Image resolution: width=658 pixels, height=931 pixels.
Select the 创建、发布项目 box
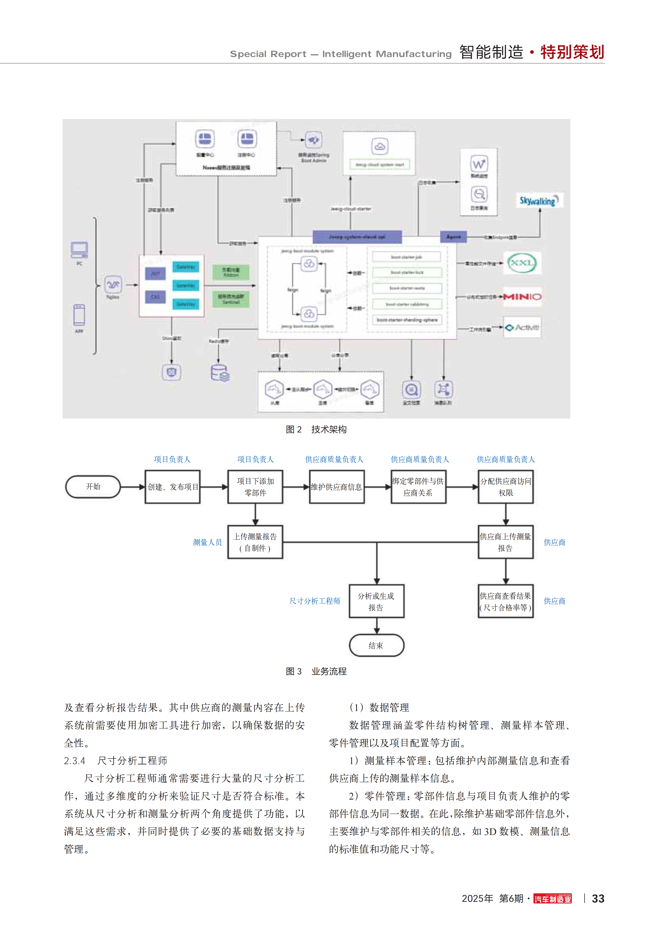click(x=173, y=487)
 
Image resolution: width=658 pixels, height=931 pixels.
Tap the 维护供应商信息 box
click(x=337, y=487)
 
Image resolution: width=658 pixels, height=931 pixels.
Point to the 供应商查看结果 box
click(x=505, y=601)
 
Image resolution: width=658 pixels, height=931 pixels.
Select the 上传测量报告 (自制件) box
click(x=255, y=542)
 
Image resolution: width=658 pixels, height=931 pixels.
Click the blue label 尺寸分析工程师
click(x=315, y=601)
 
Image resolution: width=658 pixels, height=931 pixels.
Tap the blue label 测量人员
click(x=207, y=542)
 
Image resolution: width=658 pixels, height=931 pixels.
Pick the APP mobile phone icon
click(x=79, y=315)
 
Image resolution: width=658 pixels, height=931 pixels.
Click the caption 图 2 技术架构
click(x=316, y=429)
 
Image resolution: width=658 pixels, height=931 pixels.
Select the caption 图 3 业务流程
click(x=316, y=671)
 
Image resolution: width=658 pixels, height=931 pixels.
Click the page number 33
click(x=598, y=899)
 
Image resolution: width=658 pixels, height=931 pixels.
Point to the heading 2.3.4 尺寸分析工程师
click(x=116, y=761)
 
